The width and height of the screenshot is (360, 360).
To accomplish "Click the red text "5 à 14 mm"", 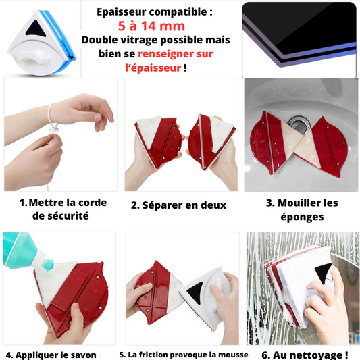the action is tap(151, 26).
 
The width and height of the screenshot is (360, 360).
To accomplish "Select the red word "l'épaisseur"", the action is tap(153, 68).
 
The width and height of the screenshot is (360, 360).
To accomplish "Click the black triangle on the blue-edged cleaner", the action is tap(35, 28).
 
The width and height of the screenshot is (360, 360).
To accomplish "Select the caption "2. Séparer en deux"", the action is tap(178, 205).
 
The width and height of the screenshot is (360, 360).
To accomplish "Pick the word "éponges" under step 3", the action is tap(302, 217).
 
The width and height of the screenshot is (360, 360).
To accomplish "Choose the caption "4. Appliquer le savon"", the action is tap(51, 355).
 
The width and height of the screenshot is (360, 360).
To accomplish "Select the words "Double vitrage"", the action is tap(120, 40).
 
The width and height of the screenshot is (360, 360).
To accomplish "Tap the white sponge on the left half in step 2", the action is tap(149, 130).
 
